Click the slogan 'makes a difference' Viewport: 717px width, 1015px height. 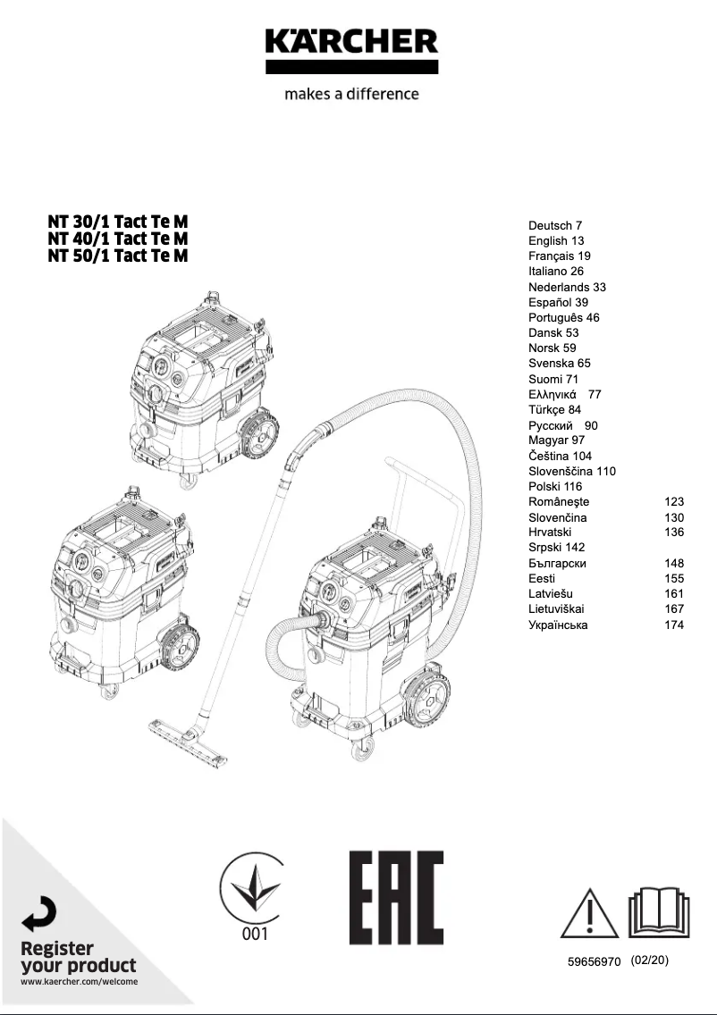351,94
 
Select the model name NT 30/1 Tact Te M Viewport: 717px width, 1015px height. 118,222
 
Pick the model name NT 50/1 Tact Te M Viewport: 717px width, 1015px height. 118,256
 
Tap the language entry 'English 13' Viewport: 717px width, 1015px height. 555,241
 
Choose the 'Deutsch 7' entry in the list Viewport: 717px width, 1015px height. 555,226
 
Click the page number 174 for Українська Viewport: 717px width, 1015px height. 674,625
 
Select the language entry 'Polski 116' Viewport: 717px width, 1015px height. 555,486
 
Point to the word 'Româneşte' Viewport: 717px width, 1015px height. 559,502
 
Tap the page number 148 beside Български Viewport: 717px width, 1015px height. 674,564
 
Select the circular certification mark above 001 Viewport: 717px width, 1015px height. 254,885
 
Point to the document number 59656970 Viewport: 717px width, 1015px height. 594,961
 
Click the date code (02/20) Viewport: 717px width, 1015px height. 649,960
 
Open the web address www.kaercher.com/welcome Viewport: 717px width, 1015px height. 79,982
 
